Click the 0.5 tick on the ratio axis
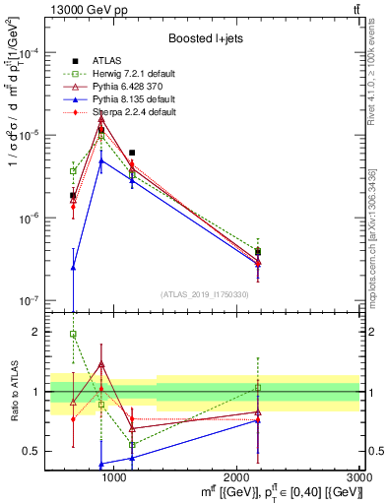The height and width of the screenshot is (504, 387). click(x=32, y=451)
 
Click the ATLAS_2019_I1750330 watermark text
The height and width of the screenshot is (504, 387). click(x=206, y=294)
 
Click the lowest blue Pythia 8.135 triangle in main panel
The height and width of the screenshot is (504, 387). click(x=73, y=267)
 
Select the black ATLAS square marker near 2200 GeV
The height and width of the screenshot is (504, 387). click(x=258, y=252)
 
